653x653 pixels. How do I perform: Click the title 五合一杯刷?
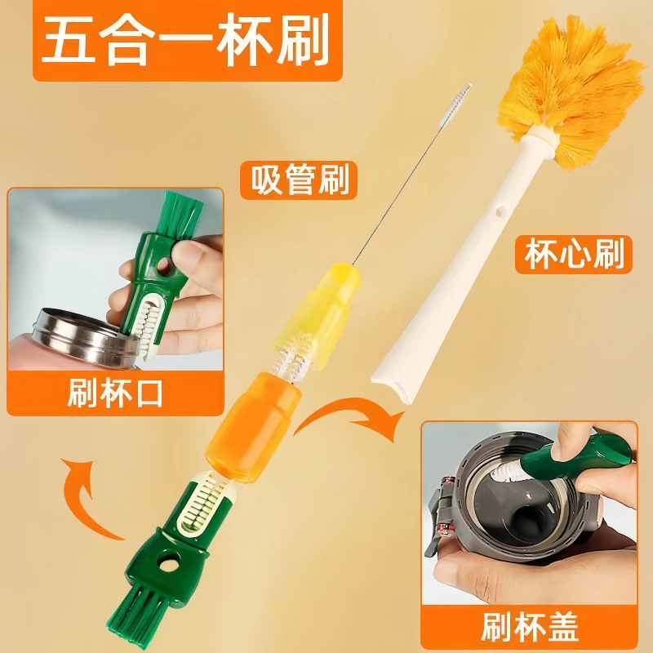184,39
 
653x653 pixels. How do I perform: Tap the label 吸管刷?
299,180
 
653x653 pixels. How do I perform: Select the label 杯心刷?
574,255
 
